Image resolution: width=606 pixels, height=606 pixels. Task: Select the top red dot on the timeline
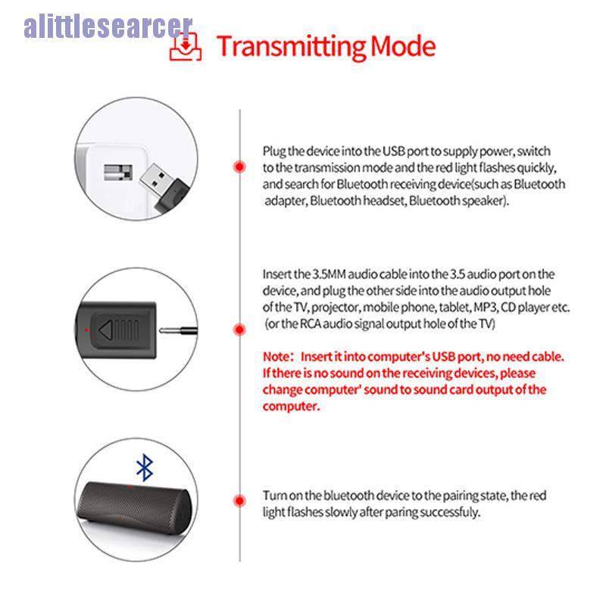239,167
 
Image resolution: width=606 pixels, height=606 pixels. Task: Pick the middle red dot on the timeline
239,330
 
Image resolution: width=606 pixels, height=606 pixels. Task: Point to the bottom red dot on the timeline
239,501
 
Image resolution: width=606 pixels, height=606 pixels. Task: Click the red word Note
274,356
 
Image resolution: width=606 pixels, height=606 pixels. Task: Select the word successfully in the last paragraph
447,513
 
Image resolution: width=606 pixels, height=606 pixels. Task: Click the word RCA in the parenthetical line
309,324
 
